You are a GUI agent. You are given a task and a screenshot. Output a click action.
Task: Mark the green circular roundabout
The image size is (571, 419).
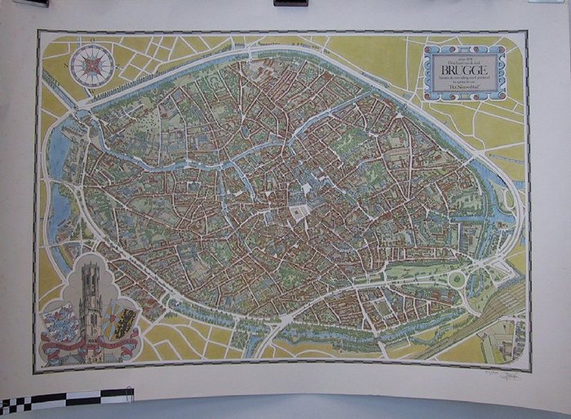(458, 279)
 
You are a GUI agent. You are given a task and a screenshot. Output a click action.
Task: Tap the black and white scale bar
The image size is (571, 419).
(65, 399)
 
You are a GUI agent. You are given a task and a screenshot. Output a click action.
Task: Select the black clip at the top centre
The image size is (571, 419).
(291, 2)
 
